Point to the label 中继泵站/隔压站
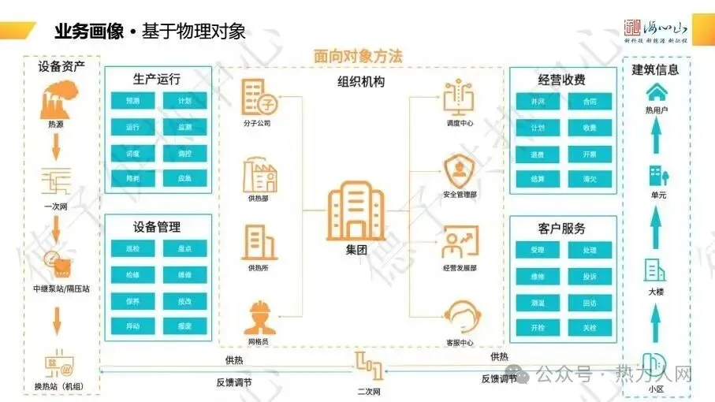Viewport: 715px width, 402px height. (61, 288)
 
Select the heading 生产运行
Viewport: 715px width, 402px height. (157, 79)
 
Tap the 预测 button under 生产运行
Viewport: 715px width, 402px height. (132, 101)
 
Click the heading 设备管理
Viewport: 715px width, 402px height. (157, 227)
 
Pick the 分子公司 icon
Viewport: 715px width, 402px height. (258, 99)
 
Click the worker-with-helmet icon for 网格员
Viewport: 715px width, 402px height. (258, 318)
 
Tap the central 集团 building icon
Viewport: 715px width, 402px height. (354, 211)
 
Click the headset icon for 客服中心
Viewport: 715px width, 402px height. (460, 316)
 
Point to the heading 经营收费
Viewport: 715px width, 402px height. (561, 80)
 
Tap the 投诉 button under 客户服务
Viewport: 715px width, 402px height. (590, 277)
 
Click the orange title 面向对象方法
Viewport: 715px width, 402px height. (357, 57)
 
